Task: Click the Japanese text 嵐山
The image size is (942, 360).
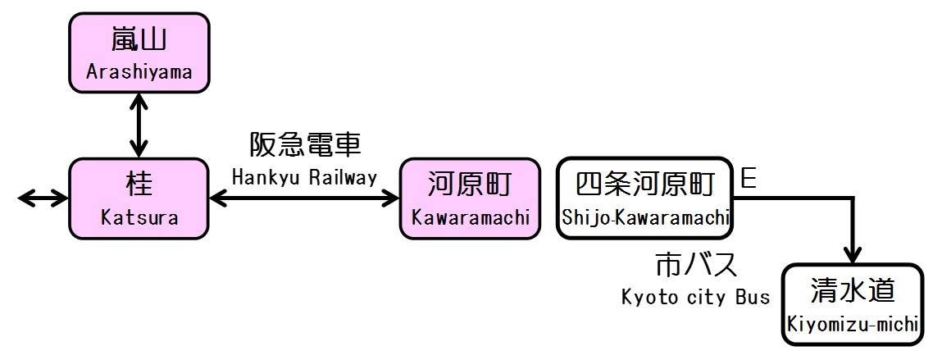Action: (139, 39)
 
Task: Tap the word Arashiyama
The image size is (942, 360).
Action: (139, 72)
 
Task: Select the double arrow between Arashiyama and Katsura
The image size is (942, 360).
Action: (139, 124)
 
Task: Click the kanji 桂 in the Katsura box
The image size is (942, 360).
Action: (139, 184)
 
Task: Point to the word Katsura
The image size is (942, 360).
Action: (139, 218)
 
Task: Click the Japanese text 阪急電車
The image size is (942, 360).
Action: (305, 145)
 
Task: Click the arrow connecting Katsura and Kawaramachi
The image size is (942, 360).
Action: (304, 198)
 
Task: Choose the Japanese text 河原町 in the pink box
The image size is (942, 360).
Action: (471, 184)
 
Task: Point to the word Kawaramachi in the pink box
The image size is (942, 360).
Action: (471, 218)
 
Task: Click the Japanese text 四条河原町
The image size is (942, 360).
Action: (644, 184)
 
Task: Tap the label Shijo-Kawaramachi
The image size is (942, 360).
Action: (644, 218)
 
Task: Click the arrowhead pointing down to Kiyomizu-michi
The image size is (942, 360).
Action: (853, 253)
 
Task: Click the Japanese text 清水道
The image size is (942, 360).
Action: (852, 289)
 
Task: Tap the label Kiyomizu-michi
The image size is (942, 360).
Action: (852, 324)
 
